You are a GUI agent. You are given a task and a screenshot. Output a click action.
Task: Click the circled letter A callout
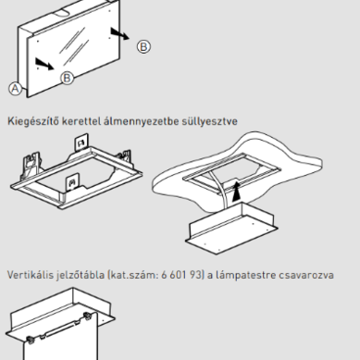point(15,89)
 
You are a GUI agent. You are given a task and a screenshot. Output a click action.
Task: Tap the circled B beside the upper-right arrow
point(143,46)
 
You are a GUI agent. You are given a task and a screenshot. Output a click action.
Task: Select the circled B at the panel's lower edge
point(67,78)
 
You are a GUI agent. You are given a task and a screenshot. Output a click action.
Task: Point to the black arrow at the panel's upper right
point(120,33)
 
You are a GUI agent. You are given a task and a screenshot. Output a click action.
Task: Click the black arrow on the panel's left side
point(44,64)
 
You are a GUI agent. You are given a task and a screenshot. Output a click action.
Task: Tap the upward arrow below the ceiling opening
point(236,192)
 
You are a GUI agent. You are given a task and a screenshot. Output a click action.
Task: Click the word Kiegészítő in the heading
point(33,121)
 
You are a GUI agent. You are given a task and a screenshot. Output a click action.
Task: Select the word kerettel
point(81,121)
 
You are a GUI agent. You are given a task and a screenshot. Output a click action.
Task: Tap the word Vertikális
point(31,275)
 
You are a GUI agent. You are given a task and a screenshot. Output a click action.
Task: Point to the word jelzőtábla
point(81,275)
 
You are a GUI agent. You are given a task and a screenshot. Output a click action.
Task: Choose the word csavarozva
point(306,275)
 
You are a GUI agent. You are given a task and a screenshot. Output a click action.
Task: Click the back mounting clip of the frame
point(81,143)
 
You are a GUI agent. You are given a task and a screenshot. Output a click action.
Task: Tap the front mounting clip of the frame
point(72,184)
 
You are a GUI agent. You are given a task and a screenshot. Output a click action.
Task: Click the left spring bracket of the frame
point(31,165)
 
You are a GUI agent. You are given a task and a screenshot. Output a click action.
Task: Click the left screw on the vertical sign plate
point(30,341)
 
